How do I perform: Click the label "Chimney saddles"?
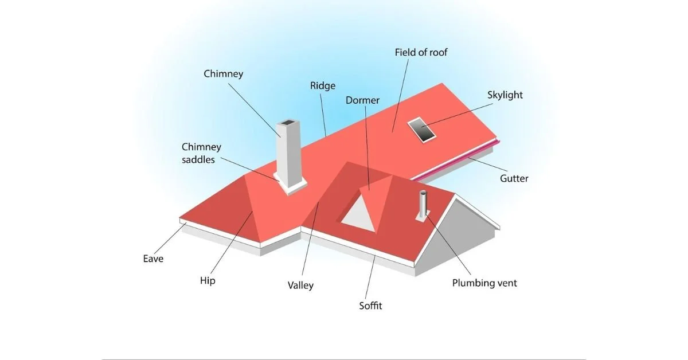click(x=198, y=154)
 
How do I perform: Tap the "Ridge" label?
click(x=322, y=85)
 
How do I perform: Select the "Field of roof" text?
click(x=421, y=52)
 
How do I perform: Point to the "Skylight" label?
click(x=505, y=95)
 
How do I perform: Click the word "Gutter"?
click(x=514, y=178)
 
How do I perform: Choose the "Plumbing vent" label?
click(x=484, y=283)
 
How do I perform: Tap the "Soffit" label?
click(x=370, y=306)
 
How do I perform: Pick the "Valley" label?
click(x=300, y=285)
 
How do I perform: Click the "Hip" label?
click(x=208, y=281)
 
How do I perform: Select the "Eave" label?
click(x=153, y=259)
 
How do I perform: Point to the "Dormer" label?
click(x=362, y=100)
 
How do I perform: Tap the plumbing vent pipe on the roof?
click(x=424, y=205)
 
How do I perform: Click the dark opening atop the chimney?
click(x=286, y=124)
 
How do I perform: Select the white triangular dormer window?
click(x=359, y=213)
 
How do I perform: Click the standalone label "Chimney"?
click(x=224, y=73)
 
